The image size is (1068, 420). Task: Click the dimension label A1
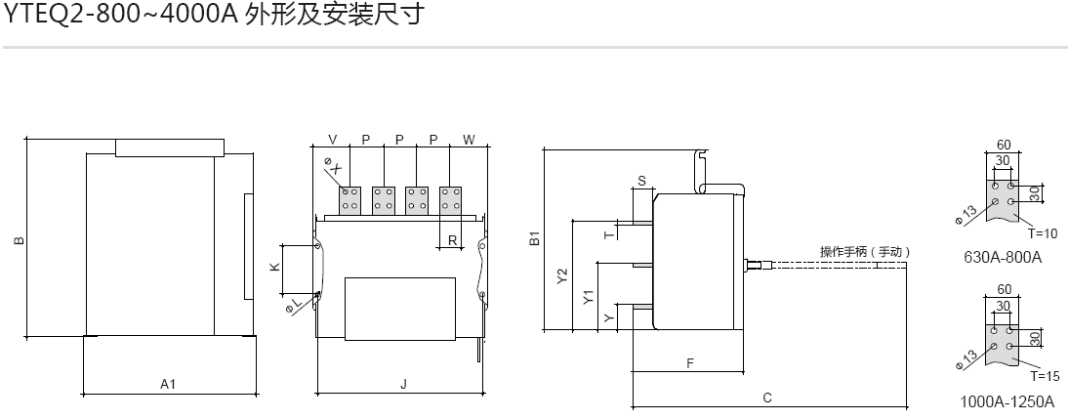(168, 385)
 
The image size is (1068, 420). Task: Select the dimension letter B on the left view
(18, 239)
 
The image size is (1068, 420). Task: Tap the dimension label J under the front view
(403, 385)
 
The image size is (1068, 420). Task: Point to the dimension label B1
(534, 238)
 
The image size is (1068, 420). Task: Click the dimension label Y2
(561, 276)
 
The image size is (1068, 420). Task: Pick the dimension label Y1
(588, 298)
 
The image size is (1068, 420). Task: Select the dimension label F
(689, 362)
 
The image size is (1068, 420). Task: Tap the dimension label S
(641, 181)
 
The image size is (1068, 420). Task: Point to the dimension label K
(274, 267)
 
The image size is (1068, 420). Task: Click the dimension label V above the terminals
(333, 140)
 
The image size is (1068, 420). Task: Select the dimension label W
(469, 140)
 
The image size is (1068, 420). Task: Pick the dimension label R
(452, 239)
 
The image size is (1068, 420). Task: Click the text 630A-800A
(1003, 258)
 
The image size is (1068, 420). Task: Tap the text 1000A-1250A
(1007, 401)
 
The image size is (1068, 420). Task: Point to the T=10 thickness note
(1043, 234)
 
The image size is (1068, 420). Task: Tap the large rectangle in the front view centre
(400, 309)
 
